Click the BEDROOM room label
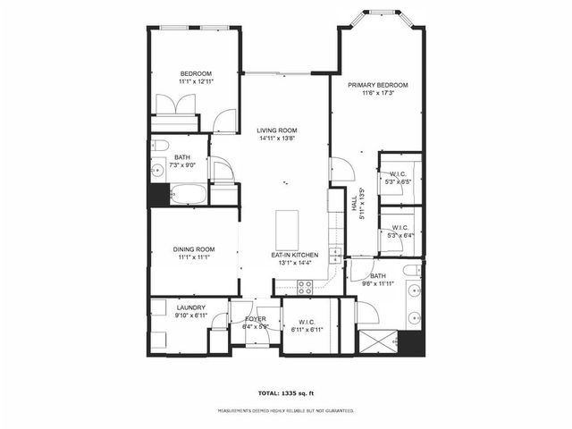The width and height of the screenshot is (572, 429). click(195, 73)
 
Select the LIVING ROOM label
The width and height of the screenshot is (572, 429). click(277, 130)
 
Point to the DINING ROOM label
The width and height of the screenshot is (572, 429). click(194, 249)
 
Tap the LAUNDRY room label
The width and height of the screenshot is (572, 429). click(190, 307)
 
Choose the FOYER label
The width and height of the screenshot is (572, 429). click(256, 318)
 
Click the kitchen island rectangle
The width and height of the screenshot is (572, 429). click(287, 230)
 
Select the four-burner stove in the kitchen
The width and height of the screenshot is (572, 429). click(304, 287)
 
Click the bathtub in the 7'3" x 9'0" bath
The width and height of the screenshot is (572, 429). click(189, 194)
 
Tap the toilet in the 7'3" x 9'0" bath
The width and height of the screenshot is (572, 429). click(160, 147)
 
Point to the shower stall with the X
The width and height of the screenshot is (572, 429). click(376, 341)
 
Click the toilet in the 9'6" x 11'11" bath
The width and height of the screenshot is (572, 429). click(411, 270)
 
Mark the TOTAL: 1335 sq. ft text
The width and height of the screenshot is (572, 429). click(285, 392)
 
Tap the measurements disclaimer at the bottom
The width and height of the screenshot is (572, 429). click(285, 411)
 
